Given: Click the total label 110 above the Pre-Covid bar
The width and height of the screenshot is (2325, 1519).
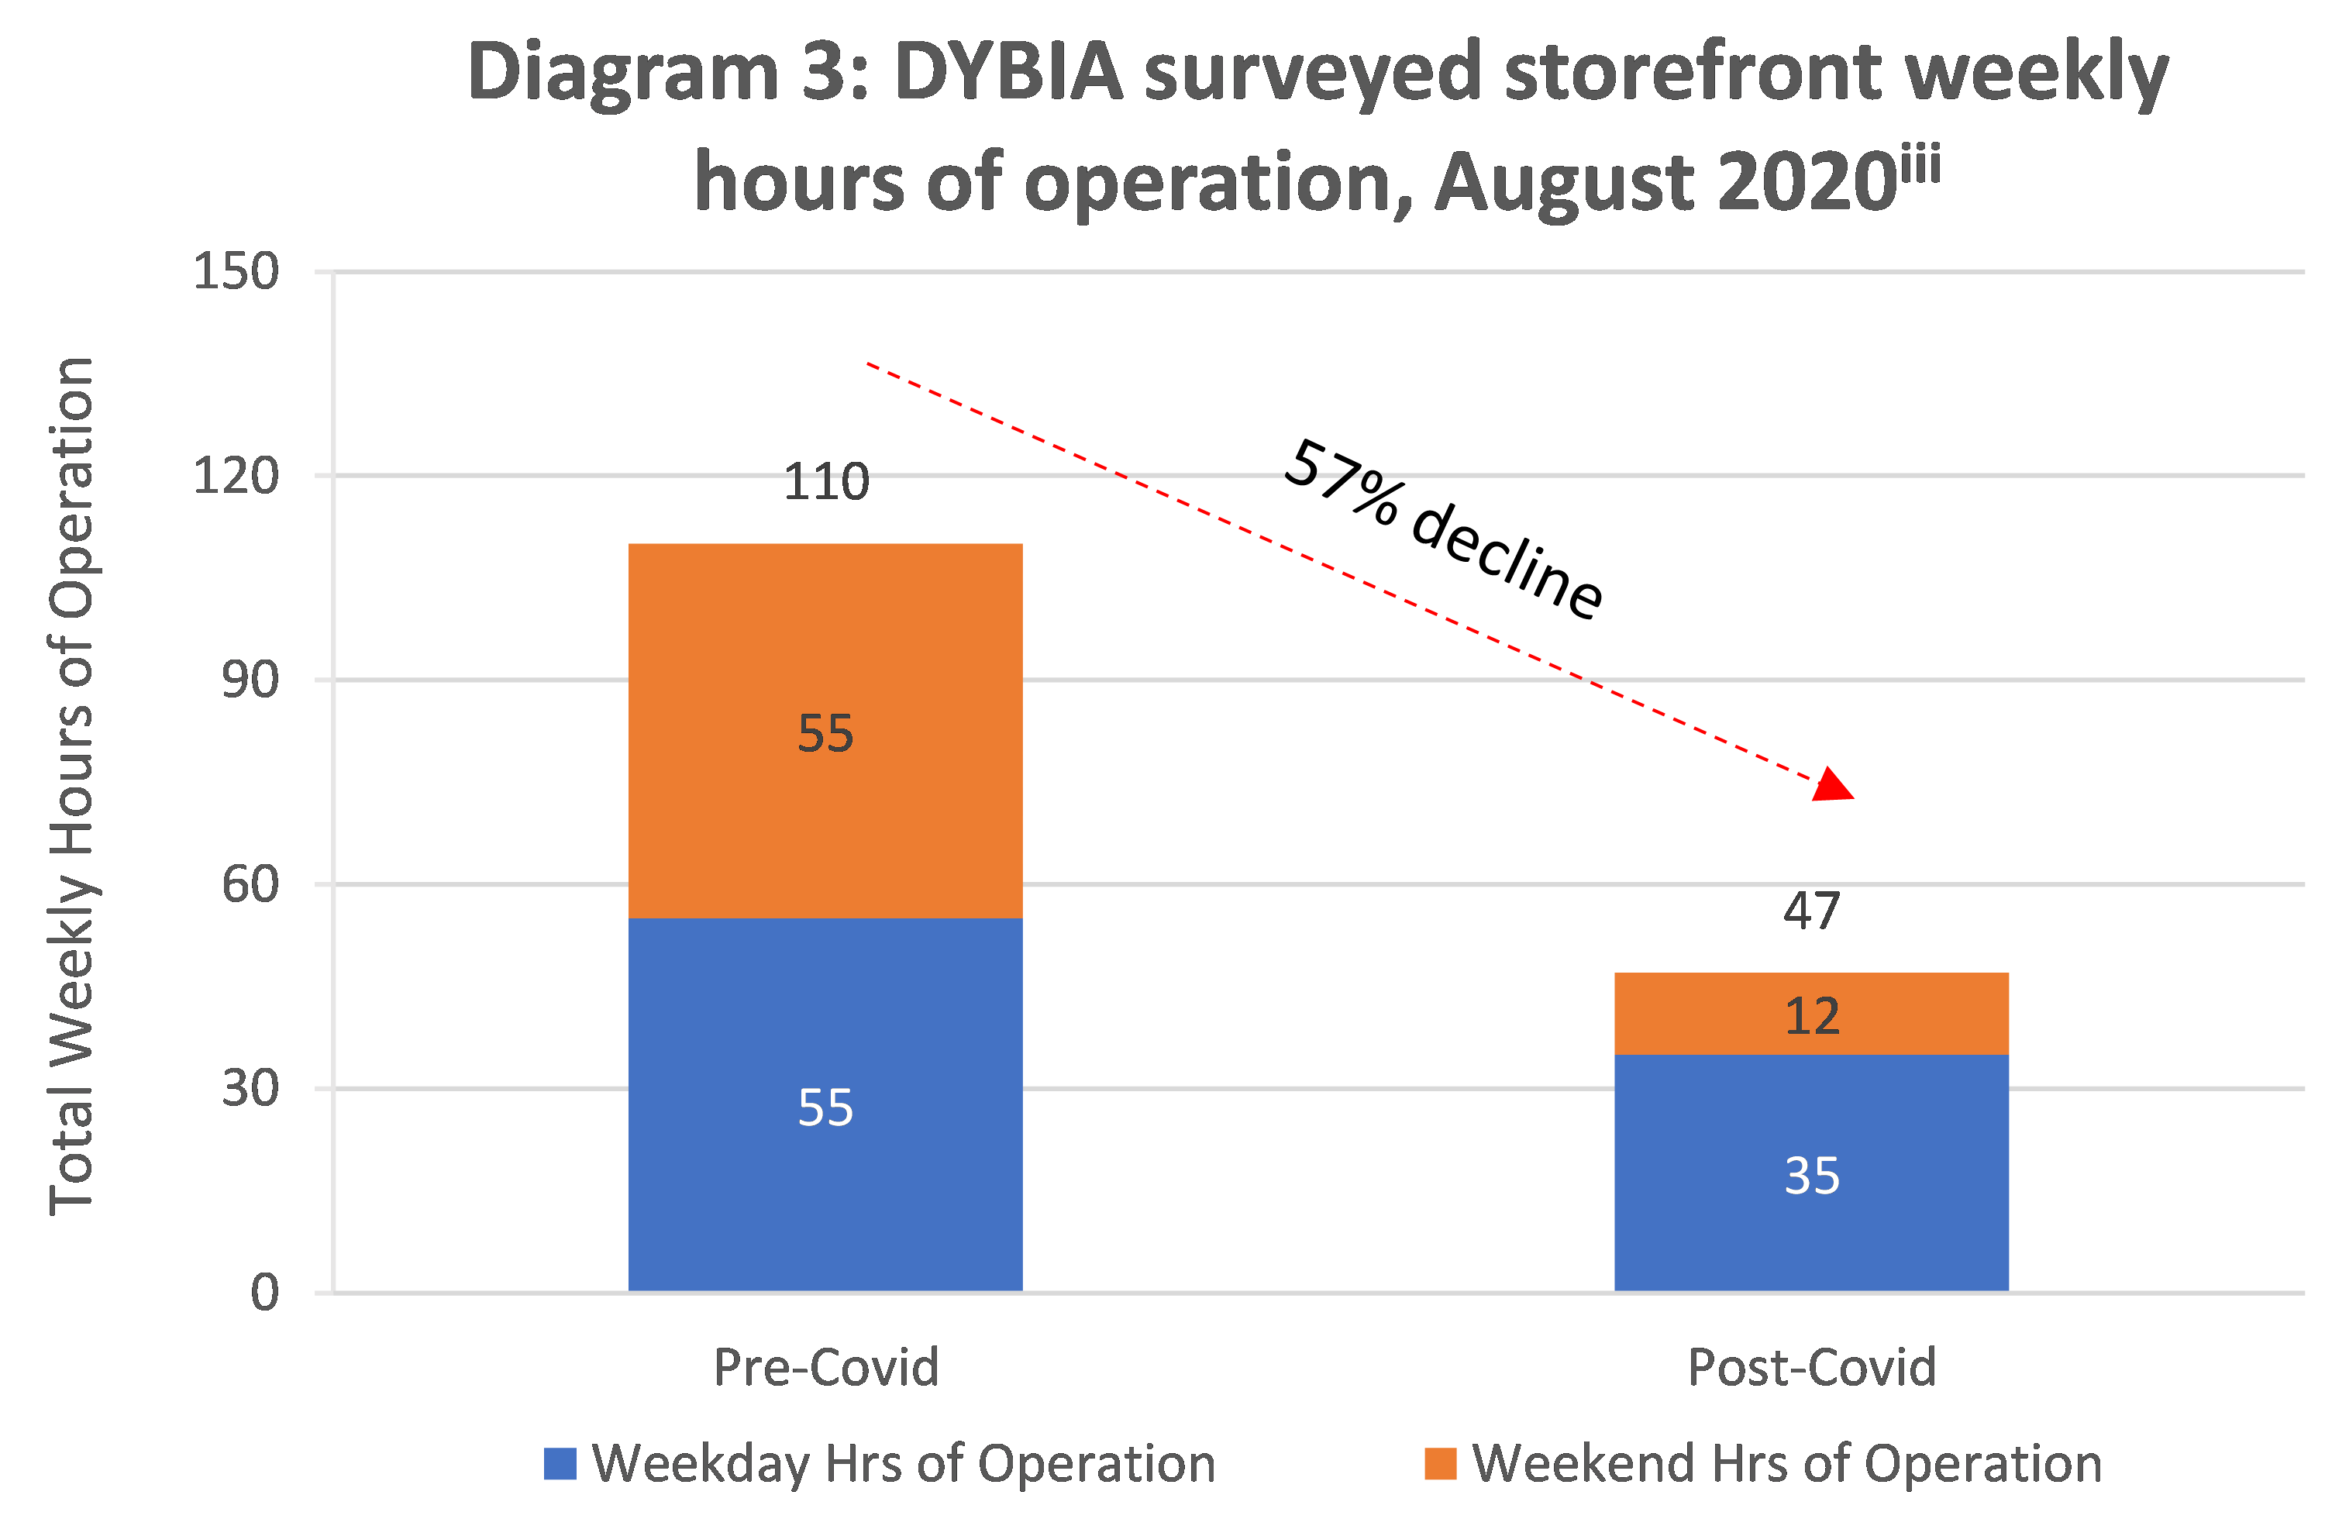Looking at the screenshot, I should tap(826, 481).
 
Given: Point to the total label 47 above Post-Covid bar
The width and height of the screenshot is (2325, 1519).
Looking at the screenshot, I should tap(1811, 911).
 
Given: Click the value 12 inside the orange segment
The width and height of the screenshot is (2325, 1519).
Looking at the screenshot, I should tap(1812, 1016).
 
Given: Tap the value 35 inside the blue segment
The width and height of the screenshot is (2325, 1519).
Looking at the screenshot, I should tap(1812, 1175).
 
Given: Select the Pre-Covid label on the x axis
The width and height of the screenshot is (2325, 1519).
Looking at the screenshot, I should tap(825, 1366).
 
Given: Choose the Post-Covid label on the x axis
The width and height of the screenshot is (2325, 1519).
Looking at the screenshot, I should tap(1811, 1366).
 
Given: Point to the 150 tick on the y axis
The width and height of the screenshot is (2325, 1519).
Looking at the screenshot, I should tap(236, 270).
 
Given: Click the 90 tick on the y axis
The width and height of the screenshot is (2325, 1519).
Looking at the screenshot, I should tap(250, 679).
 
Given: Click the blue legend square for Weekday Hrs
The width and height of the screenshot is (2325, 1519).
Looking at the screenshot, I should tap(560, 1463).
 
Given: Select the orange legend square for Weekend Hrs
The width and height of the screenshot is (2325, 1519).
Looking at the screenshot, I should tap(1440, 1463).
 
